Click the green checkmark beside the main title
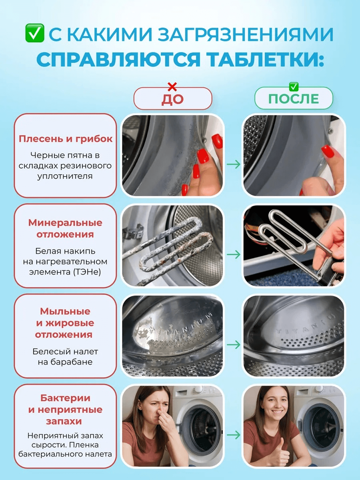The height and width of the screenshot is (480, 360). (35, 33)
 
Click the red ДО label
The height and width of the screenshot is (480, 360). (173, 99)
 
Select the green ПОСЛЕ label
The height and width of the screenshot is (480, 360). (294, 99)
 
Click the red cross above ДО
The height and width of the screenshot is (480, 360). (172, 87)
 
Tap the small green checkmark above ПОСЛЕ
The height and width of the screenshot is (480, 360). (294, 87)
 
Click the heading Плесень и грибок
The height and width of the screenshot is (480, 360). (65, 139)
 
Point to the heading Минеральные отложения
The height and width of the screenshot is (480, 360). (65, 228)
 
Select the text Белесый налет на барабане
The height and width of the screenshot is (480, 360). (65, 356)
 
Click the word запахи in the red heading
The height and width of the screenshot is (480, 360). (64, 421)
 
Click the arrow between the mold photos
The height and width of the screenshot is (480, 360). (233, 164)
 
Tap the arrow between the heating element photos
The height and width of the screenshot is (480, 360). (233, 254)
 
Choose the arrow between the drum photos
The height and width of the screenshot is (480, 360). (233, 344)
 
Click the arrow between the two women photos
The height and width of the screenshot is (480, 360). (233, 435)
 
